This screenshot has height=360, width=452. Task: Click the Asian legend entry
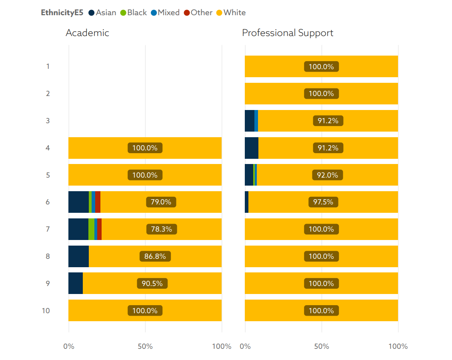click(x=102, y=12)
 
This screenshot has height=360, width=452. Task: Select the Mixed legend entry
click(x=165, y=12)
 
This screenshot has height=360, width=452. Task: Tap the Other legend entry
click(x=198, y=12)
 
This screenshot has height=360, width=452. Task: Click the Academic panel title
click(x=87, y=33)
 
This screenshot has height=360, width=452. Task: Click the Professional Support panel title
click(x=287, y=33)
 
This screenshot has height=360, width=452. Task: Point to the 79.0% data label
click(x=161, y=202)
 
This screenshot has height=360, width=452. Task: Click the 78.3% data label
click(x=161, y=229)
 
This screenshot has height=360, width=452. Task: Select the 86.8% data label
click(x=155, y=256)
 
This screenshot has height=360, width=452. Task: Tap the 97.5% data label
click(x=323, y=202)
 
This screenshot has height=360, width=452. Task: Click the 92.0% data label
click(x=328, y=175)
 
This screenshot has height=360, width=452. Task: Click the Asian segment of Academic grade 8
click(x=78, y=256)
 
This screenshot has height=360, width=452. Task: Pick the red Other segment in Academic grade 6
click(x=98, y=202)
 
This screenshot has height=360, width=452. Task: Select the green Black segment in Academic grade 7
click(x=91, y=229)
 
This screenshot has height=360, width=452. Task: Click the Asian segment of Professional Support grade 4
click(x=251, y=148)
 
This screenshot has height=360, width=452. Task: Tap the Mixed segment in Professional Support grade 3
click(x=256, y=120)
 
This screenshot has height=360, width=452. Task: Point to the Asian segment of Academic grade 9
click(x=76, y=283)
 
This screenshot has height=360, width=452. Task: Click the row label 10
click(x=46, y=310)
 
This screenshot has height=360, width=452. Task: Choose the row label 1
click(x=48, y=66)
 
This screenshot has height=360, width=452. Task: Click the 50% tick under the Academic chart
click(x=145, y=346)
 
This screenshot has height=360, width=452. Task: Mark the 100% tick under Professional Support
click(x=398, y=346)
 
